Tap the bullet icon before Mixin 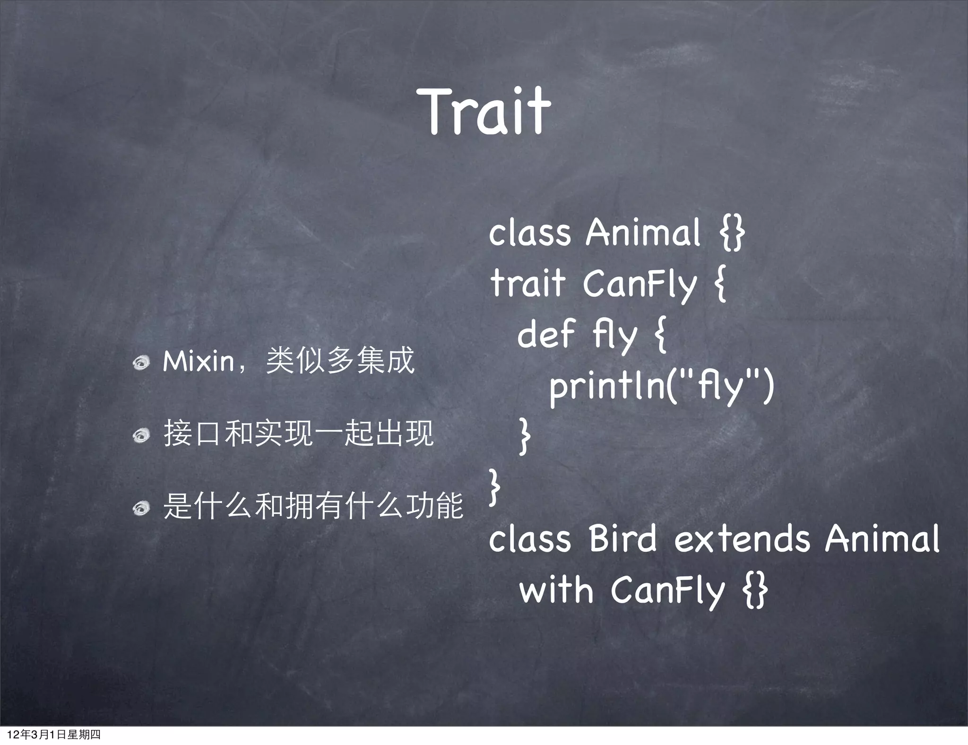141,363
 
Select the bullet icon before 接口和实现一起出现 141,435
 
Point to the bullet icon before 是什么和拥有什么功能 141,508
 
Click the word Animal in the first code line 643,233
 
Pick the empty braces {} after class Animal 732,233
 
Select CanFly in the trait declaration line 640,284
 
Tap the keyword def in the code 546,334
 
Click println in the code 607,385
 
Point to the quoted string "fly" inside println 721,385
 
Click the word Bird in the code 622,539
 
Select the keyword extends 742,539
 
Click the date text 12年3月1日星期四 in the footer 54,735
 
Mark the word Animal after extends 882,539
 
